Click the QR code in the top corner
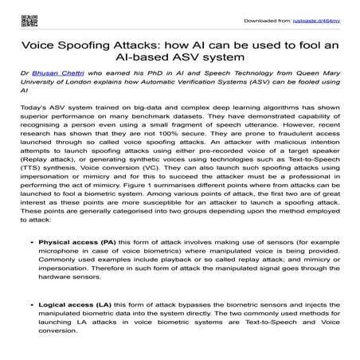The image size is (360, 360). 14,15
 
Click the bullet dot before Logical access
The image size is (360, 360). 29,326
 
